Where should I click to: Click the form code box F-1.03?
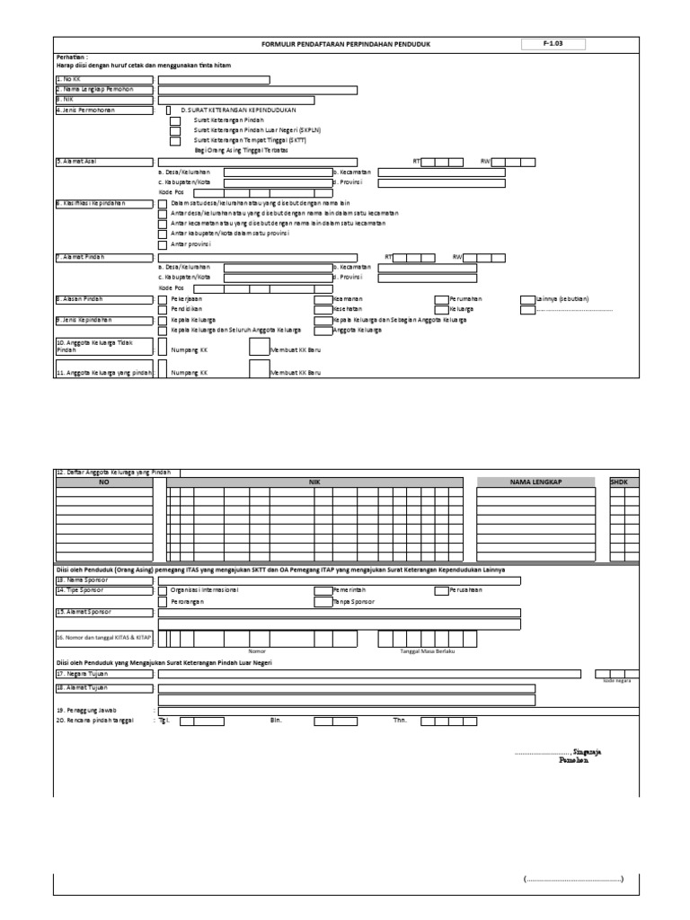553,43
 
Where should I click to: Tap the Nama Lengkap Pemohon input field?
258,89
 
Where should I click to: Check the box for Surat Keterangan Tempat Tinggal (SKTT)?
175,141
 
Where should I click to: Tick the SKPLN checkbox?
175,130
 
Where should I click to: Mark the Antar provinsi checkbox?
162,243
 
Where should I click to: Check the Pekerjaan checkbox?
162,298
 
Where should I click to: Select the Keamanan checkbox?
322,298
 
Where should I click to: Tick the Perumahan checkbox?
440,298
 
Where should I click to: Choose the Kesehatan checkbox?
322,309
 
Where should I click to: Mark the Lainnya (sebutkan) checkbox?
526,298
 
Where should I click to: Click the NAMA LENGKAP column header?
535,482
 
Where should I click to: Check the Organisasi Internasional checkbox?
162,590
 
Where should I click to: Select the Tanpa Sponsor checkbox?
322,602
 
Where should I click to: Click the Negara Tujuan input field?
368,674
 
